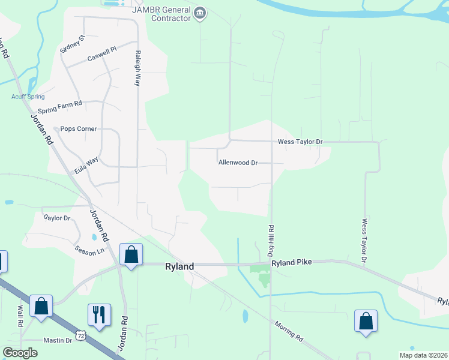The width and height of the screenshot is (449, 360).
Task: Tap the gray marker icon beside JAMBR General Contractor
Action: coord(200,13)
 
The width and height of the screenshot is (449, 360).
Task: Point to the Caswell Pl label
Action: coord(101,57)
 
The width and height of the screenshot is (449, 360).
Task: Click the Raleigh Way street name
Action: coord(138,68)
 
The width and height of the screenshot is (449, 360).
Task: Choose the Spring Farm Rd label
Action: coord(59,107)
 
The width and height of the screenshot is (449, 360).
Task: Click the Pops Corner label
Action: coord(79,129)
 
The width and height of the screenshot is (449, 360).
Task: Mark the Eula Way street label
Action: coord(86,166)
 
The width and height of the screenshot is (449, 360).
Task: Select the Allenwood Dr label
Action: coord(238,163)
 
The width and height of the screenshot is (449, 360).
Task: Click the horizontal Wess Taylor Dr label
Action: coord(300,142)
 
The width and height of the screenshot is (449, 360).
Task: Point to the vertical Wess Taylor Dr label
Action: coord(364,240)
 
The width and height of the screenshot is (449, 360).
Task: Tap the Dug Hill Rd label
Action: coord(271,239)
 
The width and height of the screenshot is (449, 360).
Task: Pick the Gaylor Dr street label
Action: coord(56,218)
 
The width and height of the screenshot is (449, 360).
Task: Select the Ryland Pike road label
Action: coord(292,263)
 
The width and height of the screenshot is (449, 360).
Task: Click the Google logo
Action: coord(20,353)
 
